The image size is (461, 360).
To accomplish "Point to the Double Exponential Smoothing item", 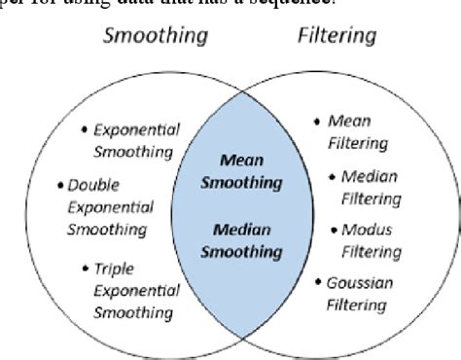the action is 107,206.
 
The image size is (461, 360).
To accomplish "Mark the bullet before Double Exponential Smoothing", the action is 61,183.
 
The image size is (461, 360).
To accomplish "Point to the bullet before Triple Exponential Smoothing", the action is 89,266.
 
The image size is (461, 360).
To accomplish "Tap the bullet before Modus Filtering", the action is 334,231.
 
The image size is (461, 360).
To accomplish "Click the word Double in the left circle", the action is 94,183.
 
